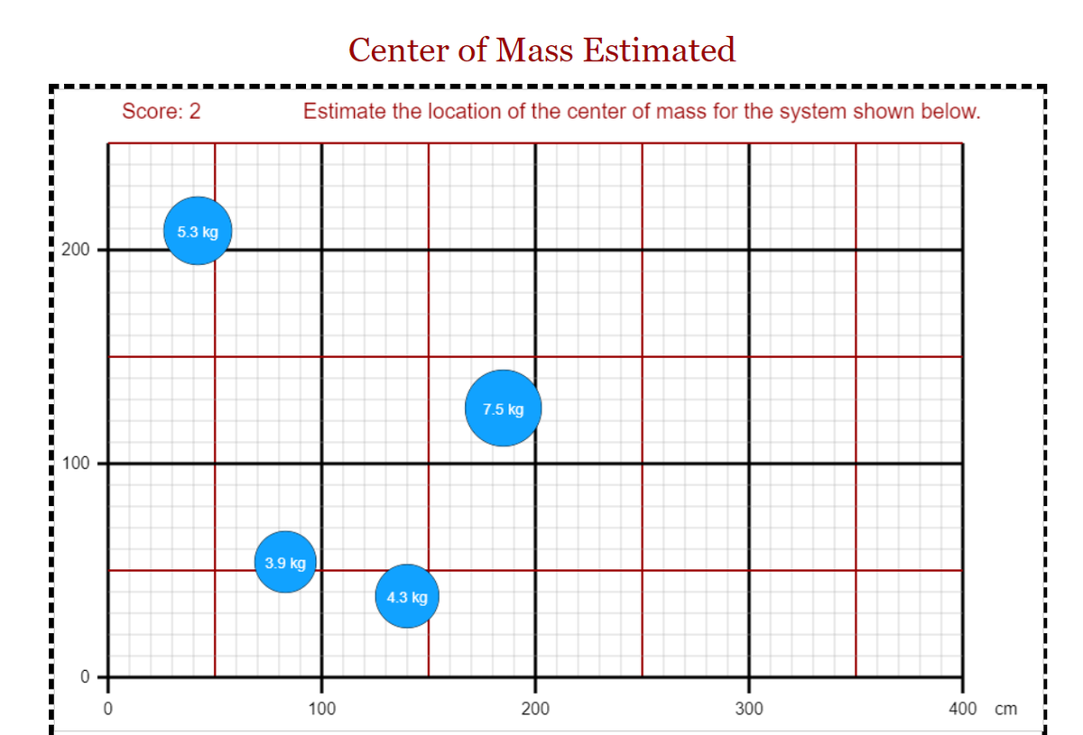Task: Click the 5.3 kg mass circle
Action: (x=198, y=231)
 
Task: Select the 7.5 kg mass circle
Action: (x=504, y=409)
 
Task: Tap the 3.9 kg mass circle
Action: (x=285, y=562)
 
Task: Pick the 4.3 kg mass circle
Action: (x=407, y=596)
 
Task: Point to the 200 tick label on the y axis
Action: (x=76, y=250)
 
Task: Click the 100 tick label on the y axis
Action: (x=76, y=464)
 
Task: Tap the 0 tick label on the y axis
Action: (x=85, y=677)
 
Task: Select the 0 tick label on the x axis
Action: (x=107, y=709)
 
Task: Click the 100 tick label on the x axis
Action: (x=321, y=709)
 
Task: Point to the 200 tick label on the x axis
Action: (x=535, y=709)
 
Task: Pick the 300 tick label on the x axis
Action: (x=749, y=709)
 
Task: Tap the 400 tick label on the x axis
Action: (x=963, y=709)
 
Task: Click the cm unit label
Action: (x=1005, y=710)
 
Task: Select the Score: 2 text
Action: (x=161, y=111)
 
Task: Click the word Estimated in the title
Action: (x=660, y=50)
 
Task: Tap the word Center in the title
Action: (x=399, y=50)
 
